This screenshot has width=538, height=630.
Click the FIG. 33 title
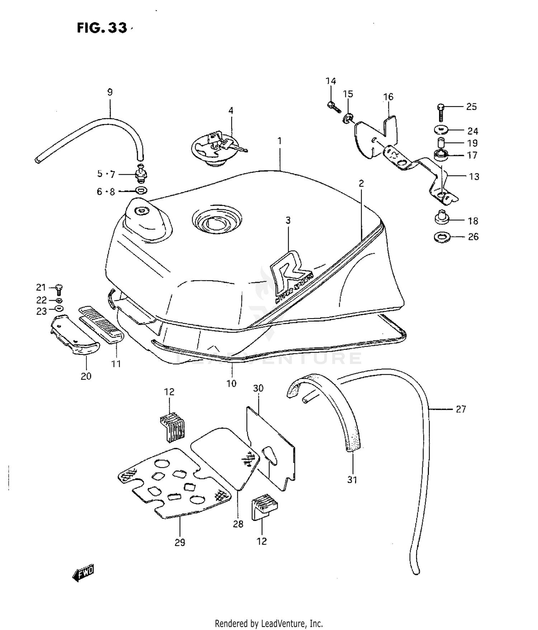102,28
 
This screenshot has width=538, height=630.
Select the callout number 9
110,92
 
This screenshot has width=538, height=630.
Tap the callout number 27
461,409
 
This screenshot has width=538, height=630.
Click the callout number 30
258,388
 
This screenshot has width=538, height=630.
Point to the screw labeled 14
333,106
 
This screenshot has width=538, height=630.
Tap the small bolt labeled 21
60,289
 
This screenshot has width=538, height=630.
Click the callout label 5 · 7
106,174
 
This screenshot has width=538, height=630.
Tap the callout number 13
474,177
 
